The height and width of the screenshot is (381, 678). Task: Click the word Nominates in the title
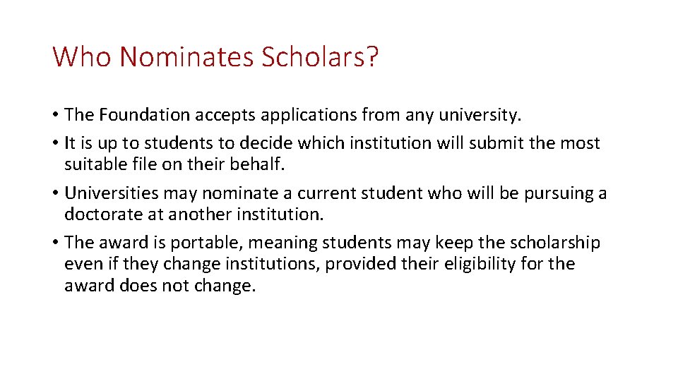coord(186,56)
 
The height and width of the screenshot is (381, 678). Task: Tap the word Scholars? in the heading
coord(320,56)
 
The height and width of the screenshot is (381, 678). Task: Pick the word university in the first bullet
coord(485,114)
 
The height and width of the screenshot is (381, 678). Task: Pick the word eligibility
coord(474,265)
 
